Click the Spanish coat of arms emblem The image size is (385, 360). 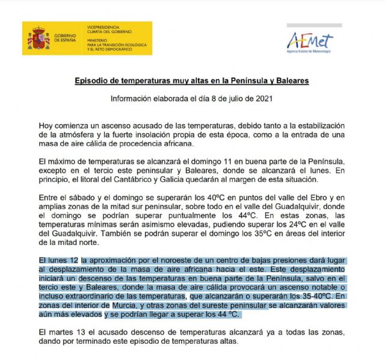tap(38, 39)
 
